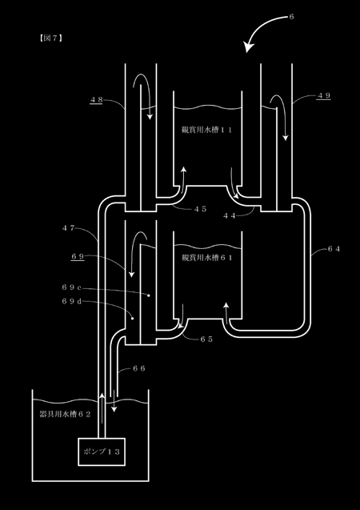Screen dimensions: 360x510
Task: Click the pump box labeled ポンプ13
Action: click(x=102, y=452)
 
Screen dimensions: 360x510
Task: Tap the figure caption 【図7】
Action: click(x=50, y=38)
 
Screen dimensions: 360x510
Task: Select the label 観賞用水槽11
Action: click(x=207, y=130)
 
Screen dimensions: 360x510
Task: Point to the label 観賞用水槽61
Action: click(x=207, y=258)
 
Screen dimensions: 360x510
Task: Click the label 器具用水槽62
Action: click(x=65, y=414)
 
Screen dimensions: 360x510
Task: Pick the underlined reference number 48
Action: click(x=96, y=100)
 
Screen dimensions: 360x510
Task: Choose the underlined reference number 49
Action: click(x=324, y=95)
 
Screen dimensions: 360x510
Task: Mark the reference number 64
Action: click(x=334, y=249)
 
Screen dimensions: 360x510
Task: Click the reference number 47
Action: click(x=68, y=227)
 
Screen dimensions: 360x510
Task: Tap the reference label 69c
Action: click(x=71, y=287)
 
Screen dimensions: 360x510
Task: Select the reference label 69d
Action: click(x=71, y=301)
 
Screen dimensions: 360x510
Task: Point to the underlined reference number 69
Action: click(x=78, y=257)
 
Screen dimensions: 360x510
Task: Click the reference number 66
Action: click(x=139, y=368)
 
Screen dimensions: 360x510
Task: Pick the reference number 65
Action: click(x=206, y=339)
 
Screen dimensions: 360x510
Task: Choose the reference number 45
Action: click(x=200, y=209)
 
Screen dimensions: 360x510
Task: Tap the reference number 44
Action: click(x=230, y=215)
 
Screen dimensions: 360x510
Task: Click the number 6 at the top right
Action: click(x=291, y=17)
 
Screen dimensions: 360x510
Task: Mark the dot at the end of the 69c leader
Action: click(x=149, y=295)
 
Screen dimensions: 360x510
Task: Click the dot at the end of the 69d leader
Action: click(x=132, y=319)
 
